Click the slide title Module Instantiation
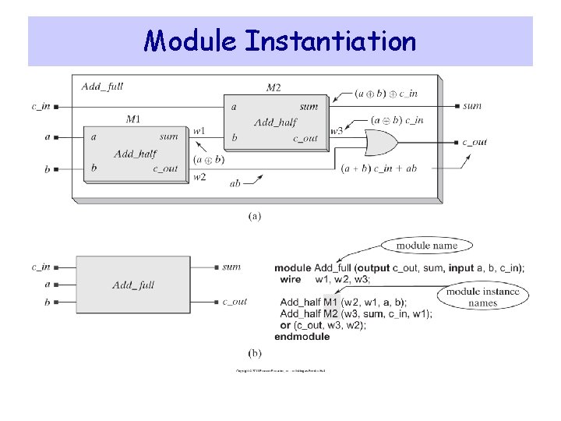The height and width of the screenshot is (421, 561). click(x=280, y=40)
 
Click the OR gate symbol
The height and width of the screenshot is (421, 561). click(x=381, y=143)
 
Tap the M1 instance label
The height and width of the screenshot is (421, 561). click(x=133, y=119)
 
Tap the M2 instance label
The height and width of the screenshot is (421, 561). click(x=273, y=87)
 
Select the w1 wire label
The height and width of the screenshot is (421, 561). click(x=199, y=131)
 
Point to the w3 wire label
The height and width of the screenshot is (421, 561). click(x=336, y=131)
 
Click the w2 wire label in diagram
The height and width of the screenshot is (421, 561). click(x=199, y=177)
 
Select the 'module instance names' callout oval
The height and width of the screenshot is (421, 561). click(x=483, y=298)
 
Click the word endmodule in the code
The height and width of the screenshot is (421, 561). click(x=302, y=337)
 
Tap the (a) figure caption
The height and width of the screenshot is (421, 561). click(x=255, y=216)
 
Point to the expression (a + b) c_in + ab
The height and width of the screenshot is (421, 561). click(x=379, y=168)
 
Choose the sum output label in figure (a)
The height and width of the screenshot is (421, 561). click(x=472, y=106)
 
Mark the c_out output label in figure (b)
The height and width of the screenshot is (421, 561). click(x=235, y=302)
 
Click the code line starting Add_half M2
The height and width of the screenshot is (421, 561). click(x=355, y=313)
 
